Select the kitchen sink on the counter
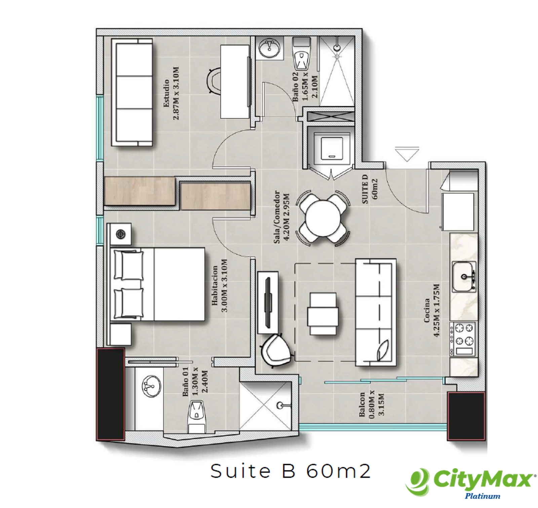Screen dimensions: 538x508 point(464,276)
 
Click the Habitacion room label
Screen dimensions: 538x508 point(215,286)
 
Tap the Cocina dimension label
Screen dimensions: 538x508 point(436,310)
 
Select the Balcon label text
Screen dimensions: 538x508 point(362,404)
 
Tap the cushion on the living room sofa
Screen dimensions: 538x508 point(383,350)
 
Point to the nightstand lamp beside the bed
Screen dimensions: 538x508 point(121,234)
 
